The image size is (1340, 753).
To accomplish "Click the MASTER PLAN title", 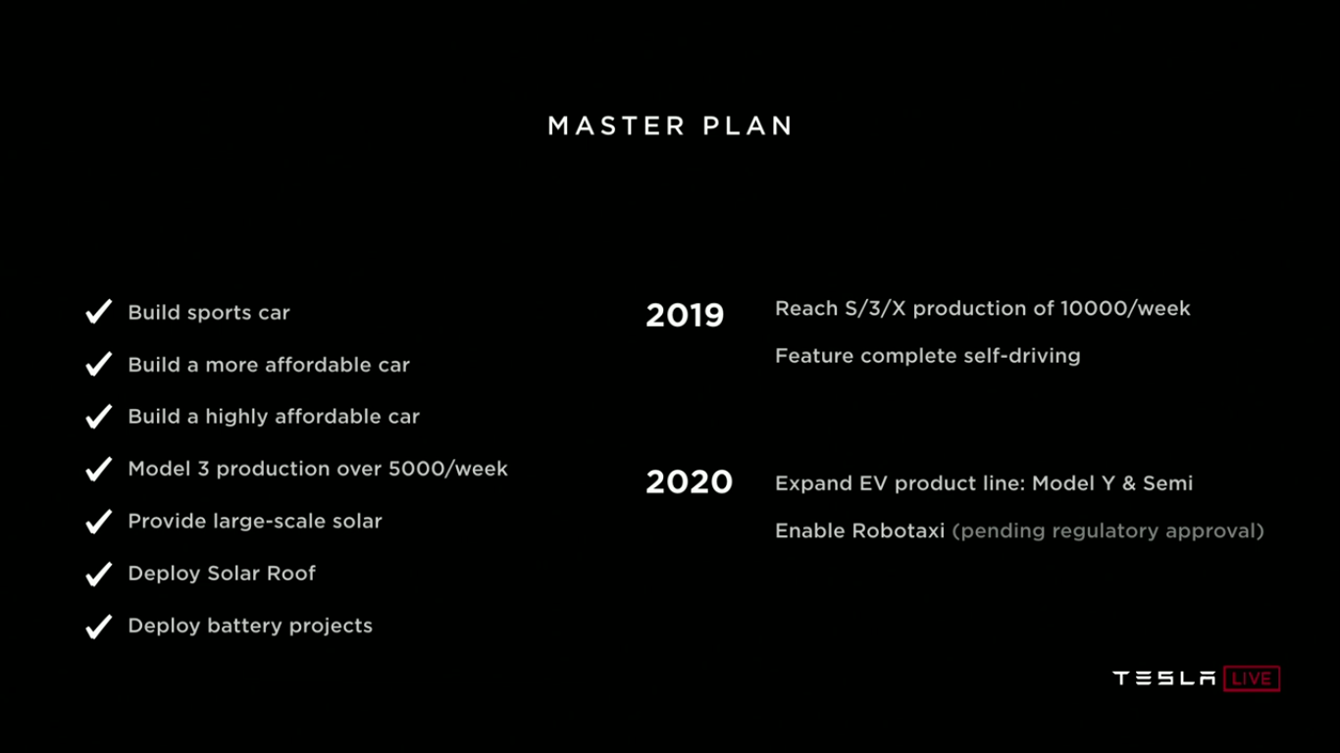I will tap(670, 126).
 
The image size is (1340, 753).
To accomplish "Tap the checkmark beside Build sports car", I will tap(98, 313).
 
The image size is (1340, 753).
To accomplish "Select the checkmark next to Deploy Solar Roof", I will tap(98, 574).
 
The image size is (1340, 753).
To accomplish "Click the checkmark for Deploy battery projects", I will tap(98, 626).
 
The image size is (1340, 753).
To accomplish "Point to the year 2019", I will tap(685, 316).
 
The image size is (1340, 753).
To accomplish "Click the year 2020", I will tap(689, 482).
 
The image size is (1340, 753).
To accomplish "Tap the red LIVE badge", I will tap(1252, 678).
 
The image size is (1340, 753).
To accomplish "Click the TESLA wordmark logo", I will tap(1164, 678).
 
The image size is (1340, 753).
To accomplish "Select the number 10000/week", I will tap(1125, 309).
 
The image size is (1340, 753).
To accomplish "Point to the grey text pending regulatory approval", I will tap(1108, 531).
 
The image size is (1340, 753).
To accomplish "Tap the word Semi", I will tap(1167, 483).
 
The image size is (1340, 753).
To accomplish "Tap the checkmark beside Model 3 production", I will tap(98, 470).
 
